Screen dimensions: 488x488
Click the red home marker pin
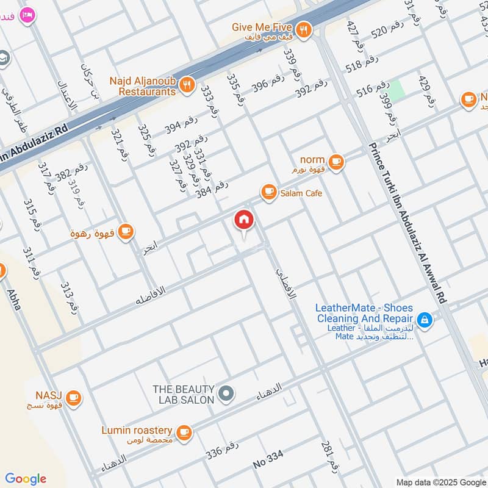[x=243, y=221]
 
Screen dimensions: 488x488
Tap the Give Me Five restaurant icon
[x=303, y=29]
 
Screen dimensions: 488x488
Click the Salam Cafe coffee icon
[x=268, y=192]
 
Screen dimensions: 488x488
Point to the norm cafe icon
[x=335, y=162]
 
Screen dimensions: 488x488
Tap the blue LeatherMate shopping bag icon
[x=425, y=318]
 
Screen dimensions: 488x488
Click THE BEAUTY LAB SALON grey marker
[x=226, y=394]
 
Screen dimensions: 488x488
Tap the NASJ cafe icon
[x=73, y=397]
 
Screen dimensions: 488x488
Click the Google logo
[x=26, y=479]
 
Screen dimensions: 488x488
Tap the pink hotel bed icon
[x=26, y=15]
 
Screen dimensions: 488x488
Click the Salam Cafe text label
[x=301, y=193]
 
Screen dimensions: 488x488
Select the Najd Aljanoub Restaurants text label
[x=143, y=86]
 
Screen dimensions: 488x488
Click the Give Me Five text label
[x=262, y=28]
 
